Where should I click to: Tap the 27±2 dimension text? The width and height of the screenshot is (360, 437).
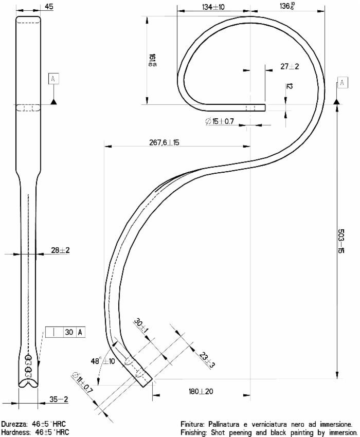click(x=290, y=66)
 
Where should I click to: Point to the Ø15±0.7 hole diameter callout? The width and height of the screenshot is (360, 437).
click(x=220, y=121)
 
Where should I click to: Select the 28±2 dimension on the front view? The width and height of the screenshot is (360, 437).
click(x=60, y=250)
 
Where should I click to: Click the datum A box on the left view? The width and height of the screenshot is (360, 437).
click(x=53, y=79)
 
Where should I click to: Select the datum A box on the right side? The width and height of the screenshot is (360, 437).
click(x=341, y=83)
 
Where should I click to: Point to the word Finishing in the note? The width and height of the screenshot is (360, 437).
click(x=195, y=432)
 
